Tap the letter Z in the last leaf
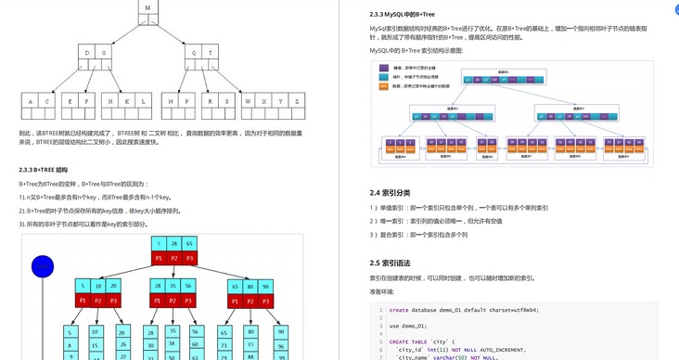(296, 99)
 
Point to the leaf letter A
(31, 99)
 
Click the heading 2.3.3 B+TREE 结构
(44, 170)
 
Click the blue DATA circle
(43, 267)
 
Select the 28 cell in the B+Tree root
(173, 243)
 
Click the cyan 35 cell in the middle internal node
(173, 286)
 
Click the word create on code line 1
(399, 310)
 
